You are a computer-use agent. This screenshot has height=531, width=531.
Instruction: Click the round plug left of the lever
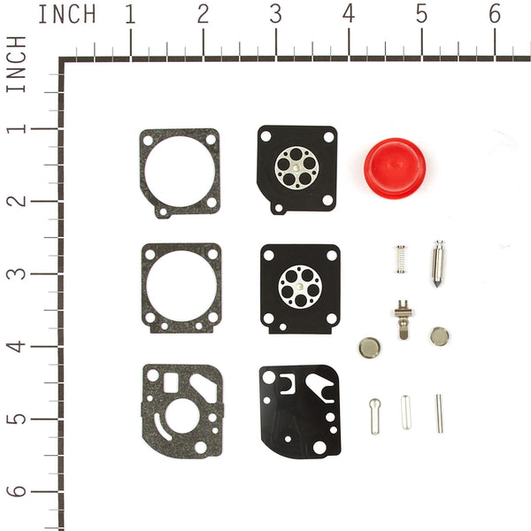[x=368, y=346]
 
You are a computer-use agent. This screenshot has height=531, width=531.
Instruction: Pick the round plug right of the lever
[x=439, y=336]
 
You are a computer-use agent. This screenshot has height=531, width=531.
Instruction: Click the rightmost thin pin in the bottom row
[x=439, y=412]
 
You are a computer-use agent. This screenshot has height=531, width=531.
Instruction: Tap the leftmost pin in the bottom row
[x=374, y=415]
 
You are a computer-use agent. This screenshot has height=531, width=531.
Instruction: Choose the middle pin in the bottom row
[x=405, y=412]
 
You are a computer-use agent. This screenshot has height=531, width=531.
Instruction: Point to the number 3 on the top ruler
[x=276, y=15]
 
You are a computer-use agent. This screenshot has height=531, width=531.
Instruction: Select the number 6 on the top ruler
[x=495, y=15]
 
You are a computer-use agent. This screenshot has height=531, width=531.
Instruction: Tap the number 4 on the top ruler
[x=349, y=15]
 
